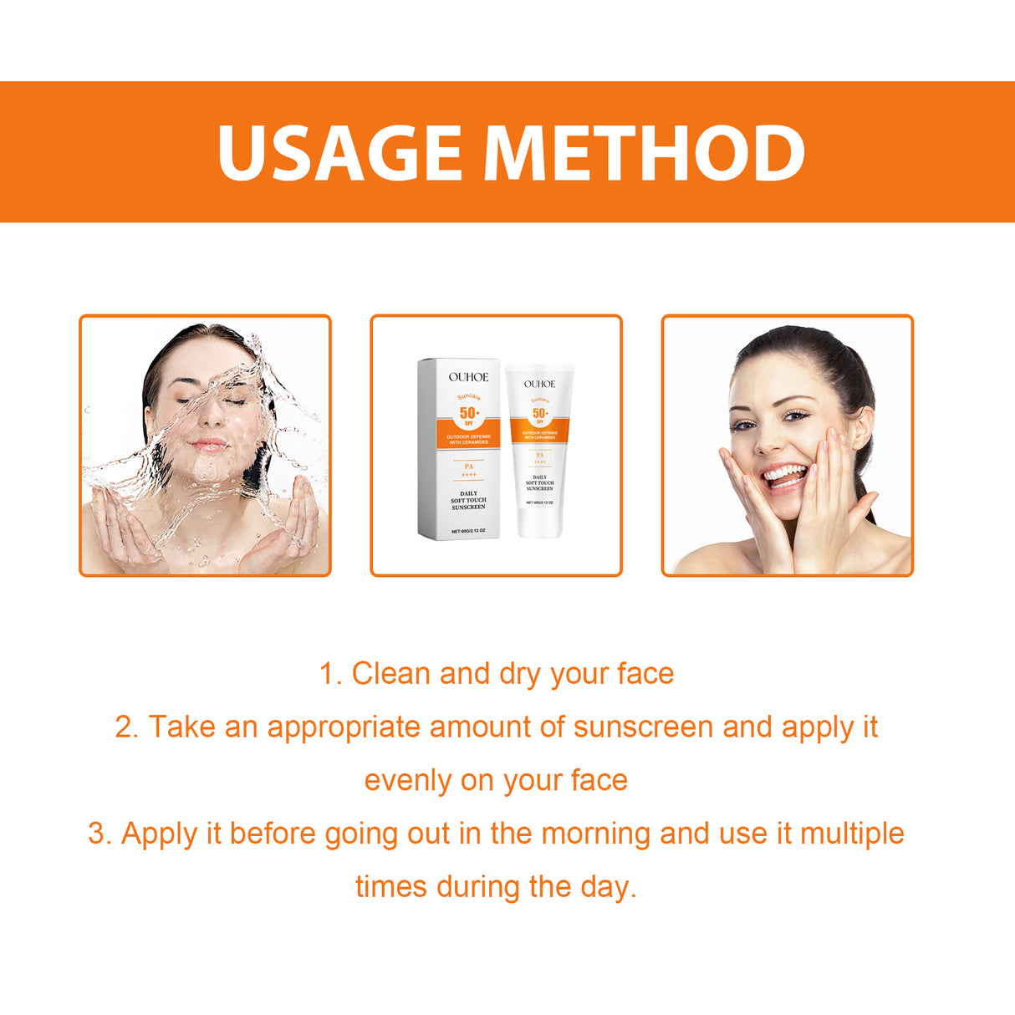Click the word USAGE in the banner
coord(339,153)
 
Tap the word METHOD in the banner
coord(644,153)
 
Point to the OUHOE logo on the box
coord(468,377)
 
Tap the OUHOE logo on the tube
coord(539,384)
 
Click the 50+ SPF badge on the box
coord(469,414)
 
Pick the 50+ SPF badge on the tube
coord(540,414)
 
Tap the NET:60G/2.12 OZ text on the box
coord(468,531)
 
